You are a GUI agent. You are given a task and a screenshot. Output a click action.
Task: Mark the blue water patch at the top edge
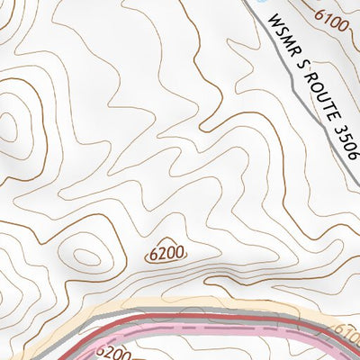[262, 3]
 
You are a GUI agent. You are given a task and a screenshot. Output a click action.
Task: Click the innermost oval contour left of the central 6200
[87, 256]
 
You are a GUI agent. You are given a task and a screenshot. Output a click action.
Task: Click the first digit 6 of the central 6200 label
[155, 256]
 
